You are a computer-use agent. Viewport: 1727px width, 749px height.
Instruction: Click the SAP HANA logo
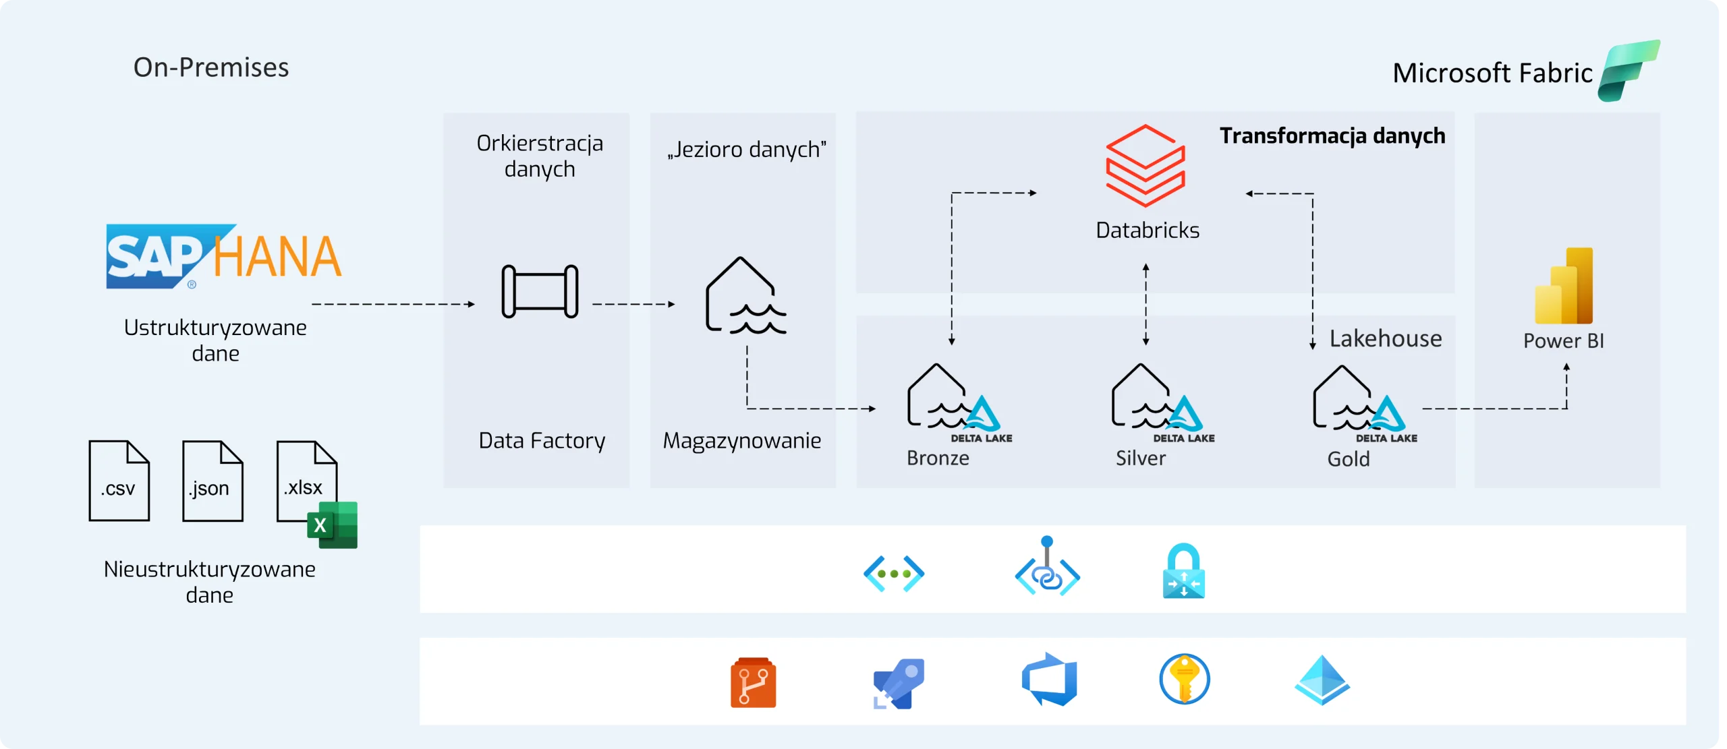pyautogui.click(x=223, y=257)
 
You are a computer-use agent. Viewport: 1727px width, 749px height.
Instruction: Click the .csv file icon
pyautogui.click(x=119, y=480)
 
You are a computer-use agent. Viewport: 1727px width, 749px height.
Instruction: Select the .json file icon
pyautogui.click(x=212, y=480)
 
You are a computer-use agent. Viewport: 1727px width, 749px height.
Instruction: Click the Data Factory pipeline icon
pyautogui.click(x=540, y=291)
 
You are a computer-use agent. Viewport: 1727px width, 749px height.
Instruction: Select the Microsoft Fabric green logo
pyautogui.click(x=1629, y=70)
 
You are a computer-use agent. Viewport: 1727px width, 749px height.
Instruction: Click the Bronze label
pyautogui.click(x=938, y=458)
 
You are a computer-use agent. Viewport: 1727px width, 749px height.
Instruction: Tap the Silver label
pyautogui.click(x=1140, y=458)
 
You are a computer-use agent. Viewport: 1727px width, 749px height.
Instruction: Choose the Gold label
pyautogui.click(x=1348, y=459)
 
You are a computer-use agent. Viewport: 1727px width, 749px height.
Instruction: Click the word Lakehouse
pyautogui.click(x=1386, y=338)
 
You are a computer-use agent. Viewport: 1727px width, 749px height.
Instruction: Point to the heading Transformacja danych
pyautogui.click(x=1332, y=136)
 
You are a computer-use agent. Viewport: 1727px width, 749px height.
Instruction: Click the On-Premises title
pyautogui.click(x=211, y=67)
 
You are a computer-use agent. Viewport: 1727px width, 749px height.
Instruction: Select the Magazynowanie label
pyautogui.click(x=742, y=440)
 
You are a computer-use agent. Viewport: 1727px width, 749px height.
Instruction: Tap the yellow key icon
pyautogui.click(x=1184, y=680)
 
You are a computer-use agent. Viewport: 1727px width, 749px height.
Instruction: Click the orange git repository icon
pyautogui.click(x=753, y=682)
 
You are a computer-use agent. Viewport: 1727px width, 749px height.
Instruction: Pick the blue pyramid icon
pyautogui.click(x=1322, y=680)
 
